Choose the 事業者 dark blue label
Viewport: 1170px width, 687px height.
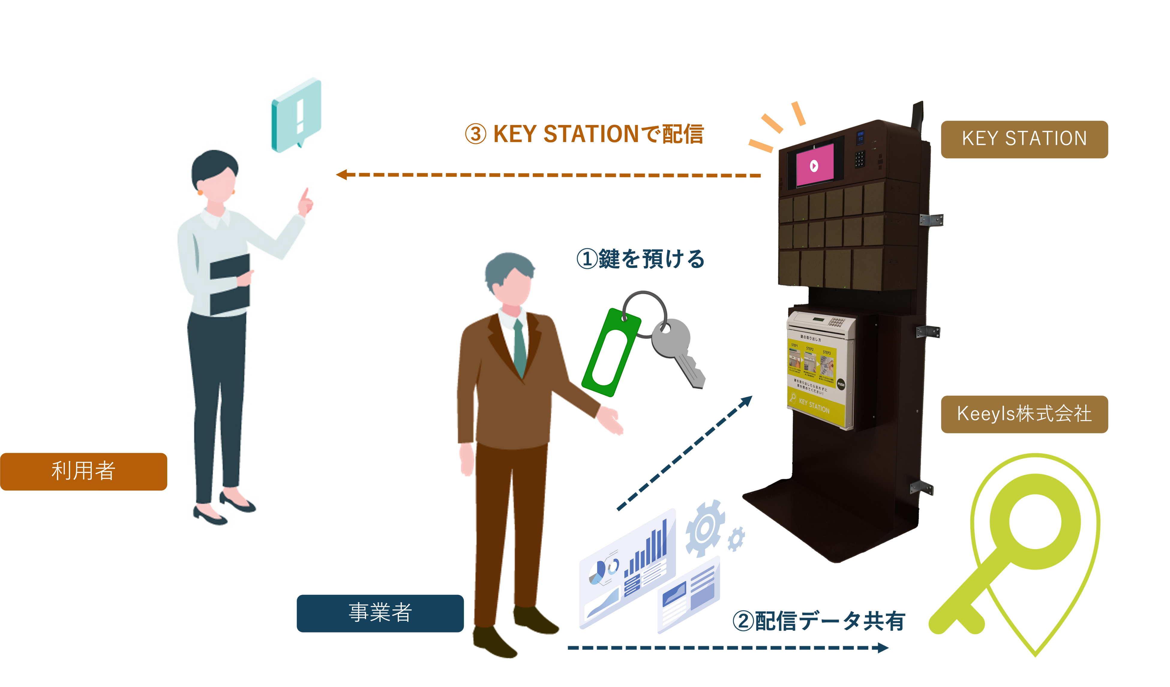[380, 613]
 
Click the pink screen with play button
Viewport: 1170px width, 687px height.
[814, 165]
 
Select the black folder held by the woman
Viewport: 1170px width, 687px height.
[229, 284]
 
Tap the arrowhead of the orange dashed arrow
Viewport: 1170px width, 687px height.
[342, 175]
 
